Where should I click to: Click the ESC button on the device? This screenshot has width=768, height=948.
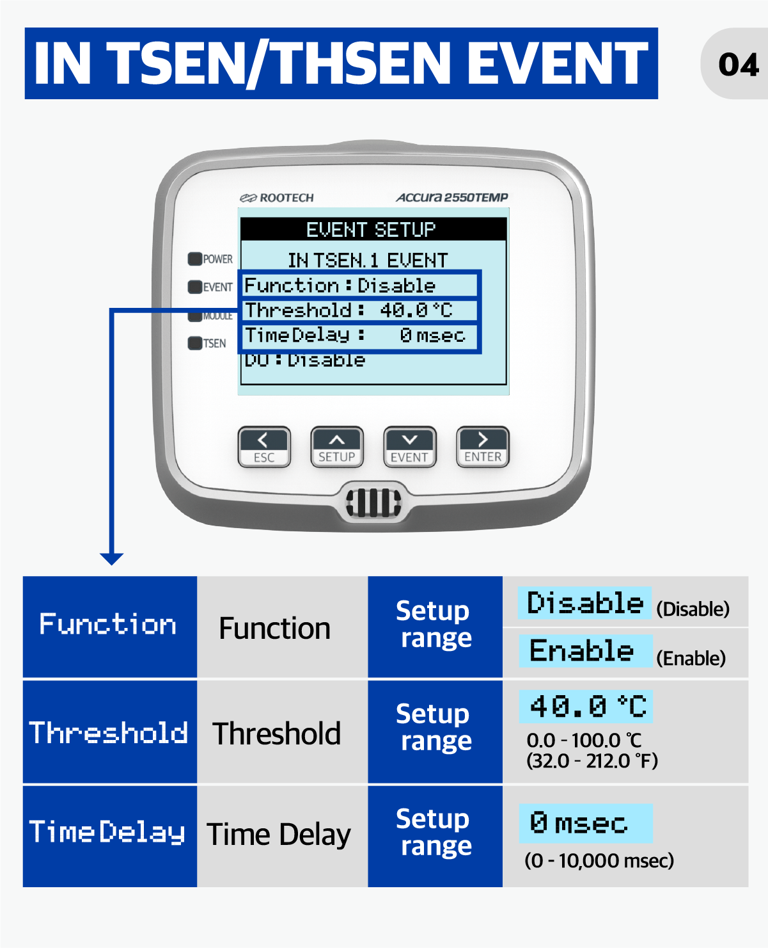264,446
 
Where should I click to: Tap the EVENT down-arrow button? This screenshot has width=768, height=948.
409,446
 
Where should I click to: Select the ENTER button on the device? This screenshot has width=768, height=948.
483,446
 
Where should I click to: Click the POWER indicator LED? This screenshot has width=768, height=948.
195,259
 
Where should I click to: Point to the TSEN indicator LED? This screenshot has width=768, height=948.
195,343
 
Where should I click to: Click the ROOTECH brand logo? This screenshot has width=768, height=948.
277,198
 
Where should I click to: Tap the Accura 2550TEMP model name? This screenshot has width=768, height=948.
452,197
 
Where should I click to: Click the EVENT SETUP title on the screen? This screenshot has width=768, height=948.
371,230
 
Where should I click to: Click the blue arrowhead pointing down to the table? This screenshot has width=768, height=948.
112,559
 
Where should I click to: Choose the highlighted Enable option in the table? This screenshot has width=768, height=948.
585,651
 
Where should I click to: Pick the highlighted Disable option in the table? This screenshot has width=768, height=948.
584,603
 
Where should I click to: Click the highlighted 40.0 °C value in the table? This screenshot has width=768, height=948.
586,707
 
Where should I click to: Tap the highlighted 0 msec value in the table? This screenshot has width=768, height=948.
586,823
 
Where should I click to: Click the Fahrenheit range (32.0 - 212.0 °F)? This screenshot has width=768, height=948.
592,761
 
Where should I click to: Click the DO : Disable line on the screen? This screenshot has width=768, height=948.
304,360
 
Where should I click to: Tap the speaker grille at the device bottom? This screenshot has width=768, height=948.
373,503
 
